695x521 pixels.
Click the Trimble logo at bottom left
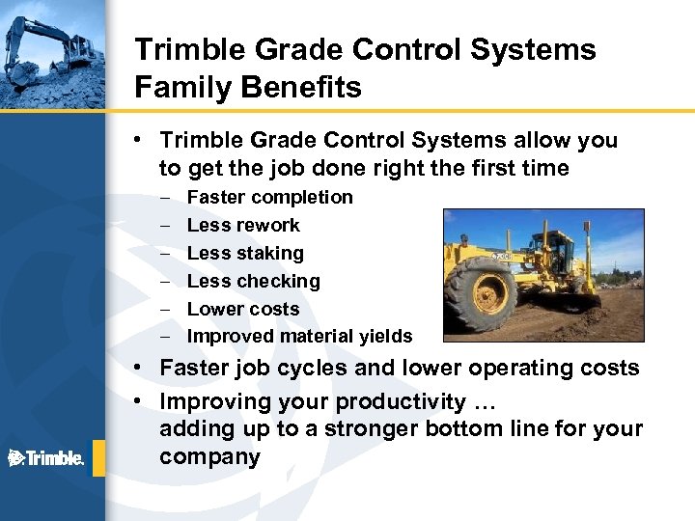(x=46, y=457)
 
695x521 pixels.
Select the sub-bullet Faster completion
(x=269, y=198)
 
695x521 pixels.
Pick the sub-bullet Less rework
(x=243, y=226)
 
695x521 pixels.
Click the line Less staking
(x=245, y=254)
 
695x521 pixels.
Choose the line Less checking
(x=253, y=282)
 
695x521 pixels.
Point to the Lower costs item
(x=243, y=310)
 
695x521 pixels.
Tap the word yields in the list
(x=386, y=338)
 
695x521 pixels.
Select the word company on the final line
(x=209, y=457)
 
